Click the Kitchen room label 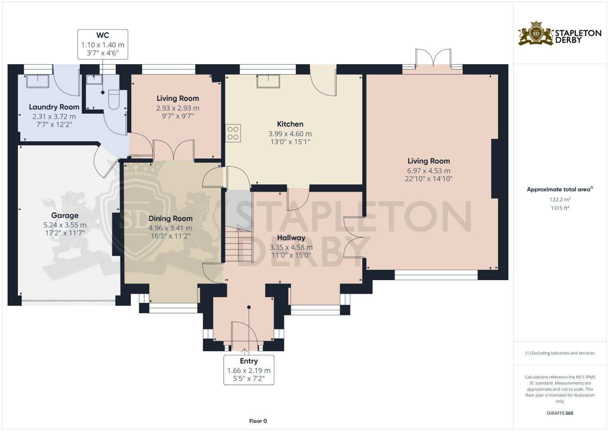pos(290,124)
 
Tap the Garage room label pos(65,215)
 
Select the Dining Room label pos(170,218)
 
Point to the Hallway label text pos(291,237)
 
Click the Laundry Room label pos(54,107)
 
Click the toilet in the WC pos(114,100)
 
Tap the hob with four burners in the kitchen pos(233,133)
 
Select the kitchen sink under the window pos(268,81)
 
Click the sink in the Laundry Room pos(37,81)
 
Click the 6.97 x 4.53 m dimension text pos(429,171)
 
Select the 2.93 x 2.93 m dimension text pos(177,108)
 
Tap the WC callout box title pos(102,36)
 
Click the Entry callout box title pos(248,361)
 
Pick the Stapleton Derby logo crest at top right pos(536,34)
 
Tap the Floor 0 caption pos(258,421)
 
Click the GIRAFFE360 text pos(560,413)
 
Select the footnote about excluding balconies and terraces pos(560,353)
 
